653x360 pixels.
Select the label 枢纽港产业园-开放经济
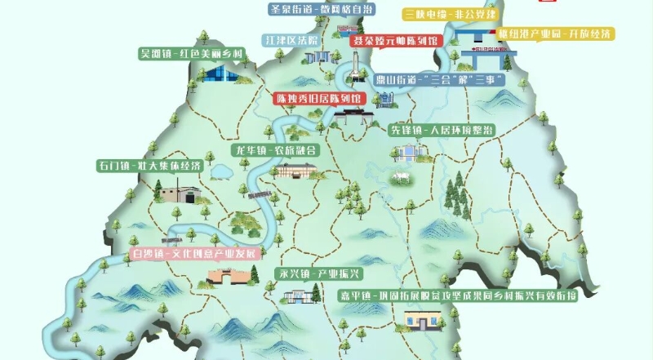556,34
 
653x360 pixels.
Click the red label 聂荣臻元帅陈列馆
394,39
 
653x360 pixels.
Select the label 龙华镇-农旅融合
276,151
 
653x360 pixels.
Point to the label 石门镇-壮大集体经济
150,166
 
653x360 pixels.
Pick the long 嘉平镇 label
462,295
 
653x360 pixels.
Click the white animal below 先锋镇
401,177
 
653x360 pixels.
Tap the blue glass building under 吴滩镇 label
218,75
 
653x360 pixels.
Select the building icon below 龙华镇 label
295,170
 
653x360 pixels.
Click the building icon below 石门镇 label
181,194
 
